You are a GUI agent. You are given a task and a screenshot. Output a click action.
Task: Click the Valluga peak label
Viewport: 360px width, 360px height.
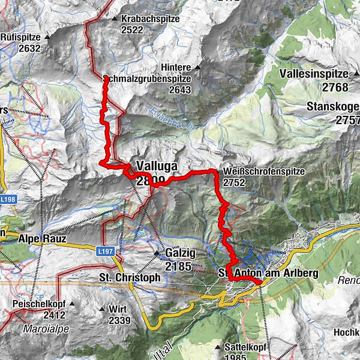[x=155, y=166]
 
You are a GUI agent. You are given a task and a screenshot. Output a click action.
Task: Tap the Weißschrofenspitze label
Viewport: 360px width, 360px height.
[x=263, y=172]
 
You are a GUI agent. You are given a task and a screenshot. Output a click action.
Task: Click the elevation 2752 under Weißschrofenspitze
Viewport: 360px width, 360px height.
[x=235, y=182]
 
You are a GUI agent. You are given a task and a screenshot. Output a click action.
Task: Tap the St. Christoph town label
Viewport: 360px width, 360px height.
[x=129, y=278]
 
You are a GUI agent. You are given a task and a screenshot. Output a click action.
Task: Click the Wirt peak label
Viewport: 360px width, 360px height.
[x=118, y=308]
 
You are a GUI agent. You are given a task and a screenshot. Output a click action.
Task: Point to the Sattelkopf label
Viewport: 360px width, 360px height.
[x=245, y=347]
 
